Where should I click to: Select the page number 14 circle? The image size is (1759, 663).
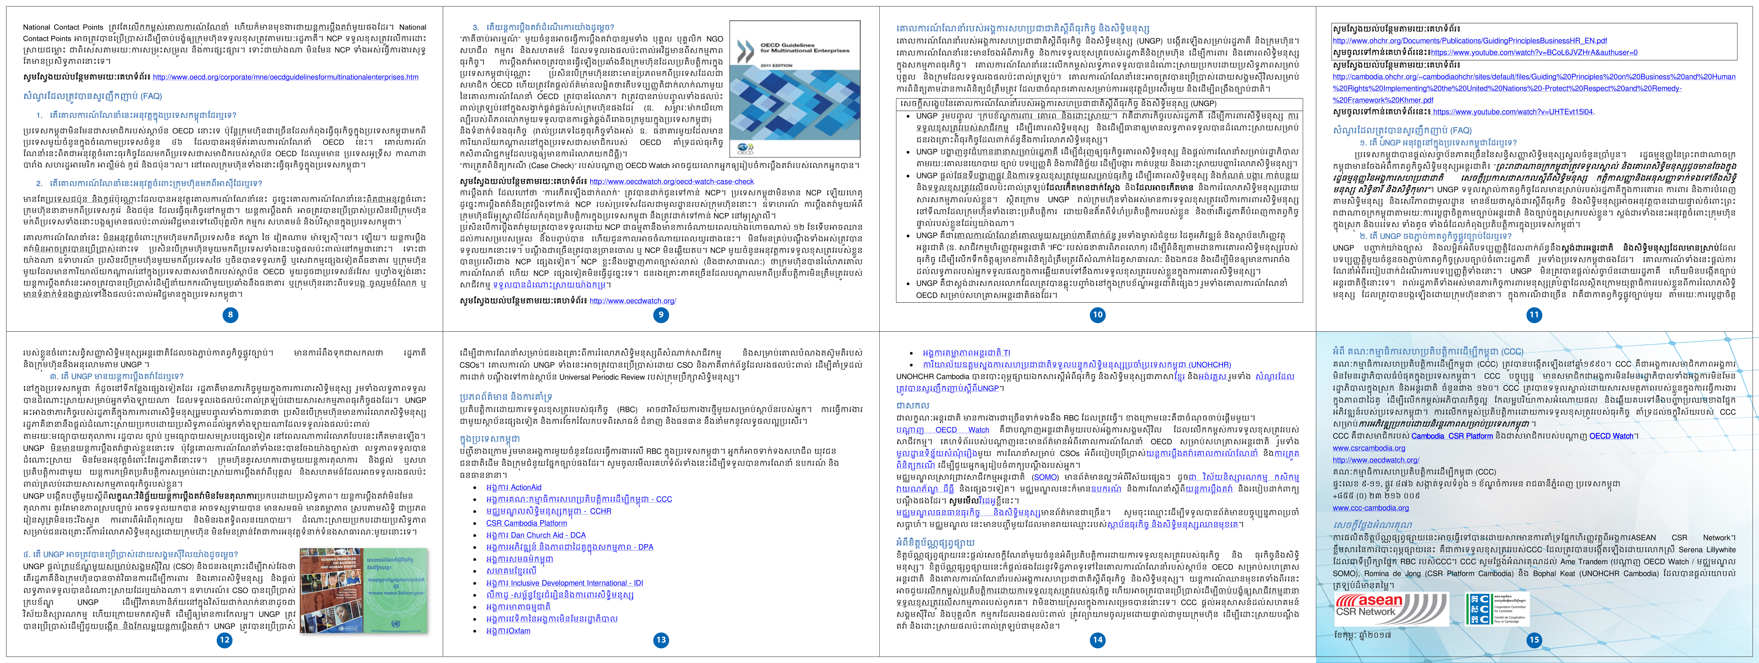[x=1097, y=640]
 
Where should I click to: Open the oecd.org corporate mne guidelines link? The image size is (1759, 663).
[x=286, y=77]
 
